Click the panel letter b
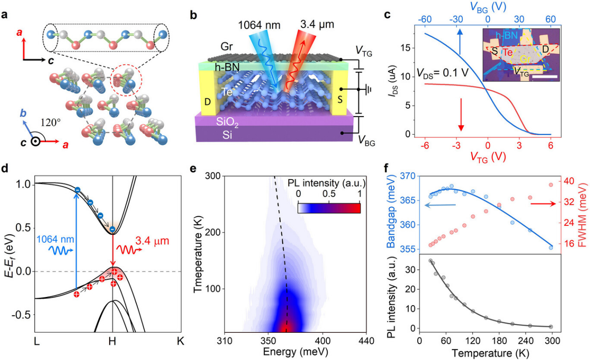[x=193, y=15]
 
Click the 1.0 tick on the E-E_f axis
[x=24, y=185]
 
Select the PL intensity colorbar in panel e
[x=329, y=208]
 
